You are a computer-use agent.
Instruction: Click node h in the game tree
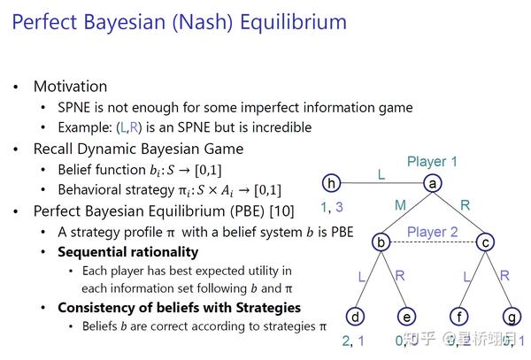pos(332,183)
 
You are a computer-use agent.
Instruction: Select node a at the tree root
pos(433,183)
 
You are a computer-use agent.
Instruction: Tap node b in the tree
pos(381,241)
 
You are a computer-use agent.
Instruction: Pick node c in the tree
pos(485,241)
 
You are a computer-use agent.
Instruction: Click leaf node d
pos(355,316)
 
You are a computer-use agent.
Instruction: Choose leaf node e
pos(407,316)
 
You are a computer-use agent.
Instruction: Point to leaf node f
pos(459,316)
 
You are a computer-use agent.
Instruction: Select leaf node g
pos(511,316)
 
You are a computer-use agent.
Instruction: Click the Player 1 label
pos(433,162)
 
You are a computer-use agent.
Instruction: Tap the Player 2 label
pos(433,233)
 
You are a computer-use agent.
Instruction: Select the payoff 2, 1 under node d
pos(354,340)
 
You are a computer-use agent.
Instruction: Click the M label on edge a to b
pos(400,205)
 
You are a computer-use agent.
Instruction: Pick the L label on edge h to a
pos(381,175)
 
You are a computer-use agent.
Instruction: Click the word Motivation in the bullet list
pos(70,87)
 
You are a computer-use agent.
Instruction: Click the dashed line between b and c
pos(433,242)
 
